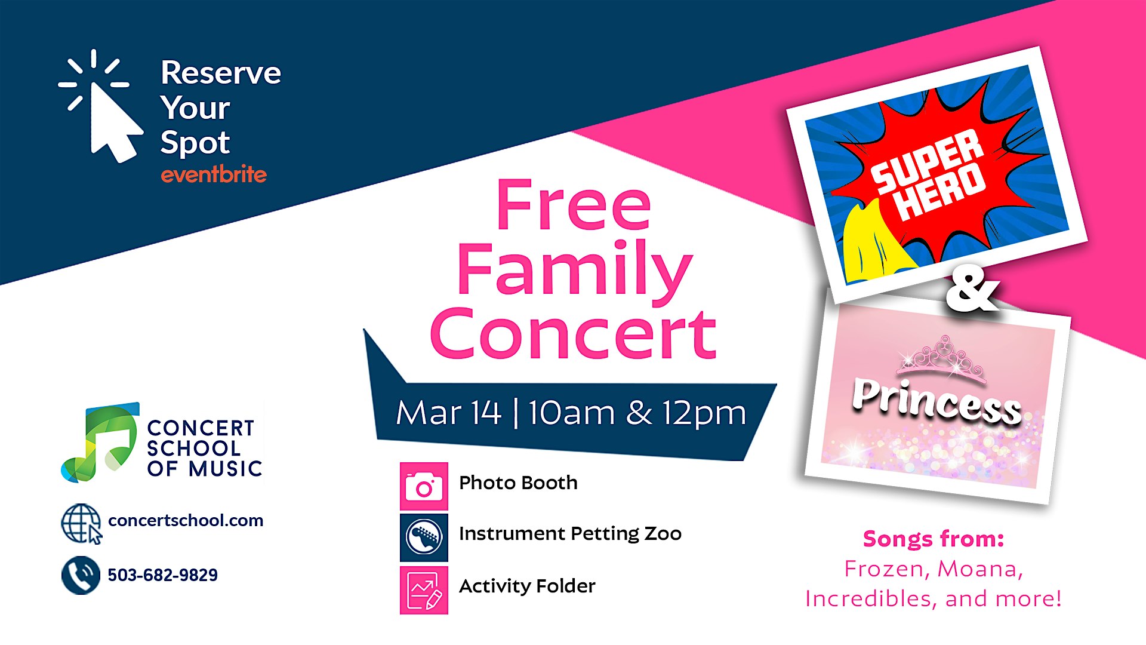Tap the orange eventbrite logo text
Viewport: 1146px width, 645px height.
[214, 174]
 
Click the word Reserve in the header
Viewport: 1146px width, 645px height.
[221, 73]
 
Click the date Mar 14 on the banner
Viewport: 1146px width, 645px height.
[448, 413]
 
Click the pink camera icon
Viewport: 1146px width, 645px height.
[424, 486]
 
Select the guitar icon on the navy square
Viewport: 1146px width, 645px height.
[424, 537]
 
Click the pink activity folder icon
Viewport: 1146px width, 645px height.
[424, 590]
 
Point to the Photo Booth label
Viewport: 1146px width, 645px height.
[518, 483]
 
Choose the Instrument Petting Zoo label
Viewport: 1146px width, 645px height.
[570, 534]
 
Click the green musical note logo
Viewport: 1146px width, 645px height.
[100, 442]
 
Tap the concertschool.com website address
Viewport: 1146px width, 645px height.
[186, 520]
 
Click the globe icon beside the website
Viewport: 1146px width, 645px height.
[82, 524]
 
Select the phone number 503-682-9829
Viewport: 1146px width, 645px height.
[162, 575]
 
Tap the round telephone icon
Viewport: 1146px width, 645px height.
[81, 575]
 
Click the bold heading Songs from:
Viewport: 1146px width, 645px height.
[934, 539]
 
